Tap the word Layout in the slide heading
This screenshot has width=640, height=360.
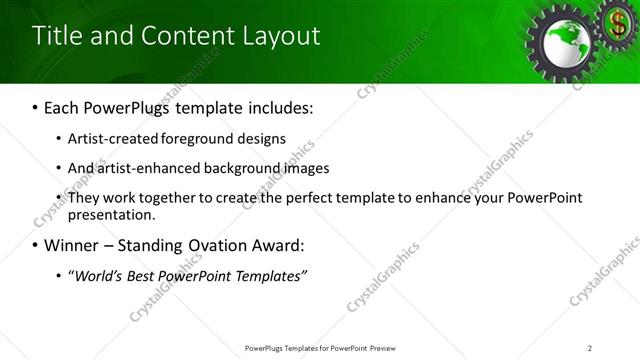(x=282, y=36)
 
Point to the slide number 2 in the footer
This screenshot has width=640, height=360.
(x=590, y=348)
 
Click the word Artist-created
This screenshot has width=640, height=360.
(x=107, y=139)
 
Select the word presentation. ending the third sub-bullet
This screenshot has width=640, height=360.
(x=112, y=214)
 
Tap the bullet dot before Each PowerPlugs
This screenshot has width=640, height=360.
(x=36, y=106)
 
